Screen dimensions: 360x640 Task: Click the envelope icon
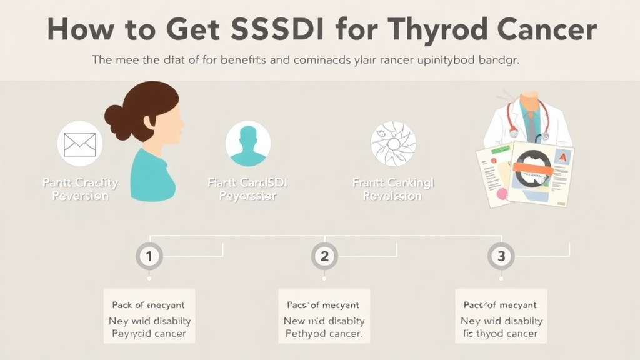pos(80,144)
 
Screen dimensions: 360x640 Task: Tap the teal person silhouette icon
pos(248,143)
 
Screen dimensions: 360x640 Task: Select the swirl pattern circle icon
pos(393,143)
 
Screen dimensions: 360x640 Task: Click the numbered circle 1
pos(149,256)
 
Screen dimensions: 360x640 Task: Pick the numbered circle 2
pos(324,256)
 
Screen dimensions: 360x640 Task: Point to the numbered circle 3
pos(501,256)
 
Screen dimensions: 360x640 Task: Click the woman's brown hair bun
pos(115,116)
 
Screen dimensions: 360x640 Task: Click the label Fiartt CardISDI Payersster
pos(248,189)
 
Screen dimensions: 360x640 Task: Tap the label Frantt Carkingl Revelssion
pos(392,189)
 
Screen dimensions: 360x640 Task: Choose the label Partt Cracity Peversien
pos(80,189)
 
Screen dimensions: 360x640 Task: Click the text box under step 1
pos(149,319)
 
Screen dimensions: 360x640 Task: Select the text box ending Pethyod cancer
pos(323,319)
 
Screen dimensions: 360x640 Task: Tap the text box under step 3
pos(501,319)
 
